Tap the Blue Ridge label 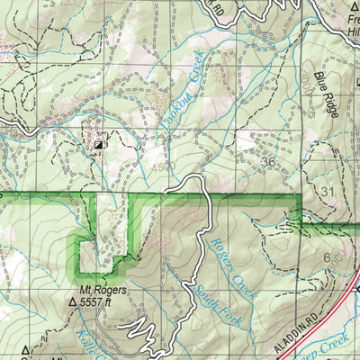click(326, 94)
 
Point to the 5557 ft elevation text click(109, 304)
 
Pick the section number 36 click(267, 161)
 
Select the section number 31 click(328, 193)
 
